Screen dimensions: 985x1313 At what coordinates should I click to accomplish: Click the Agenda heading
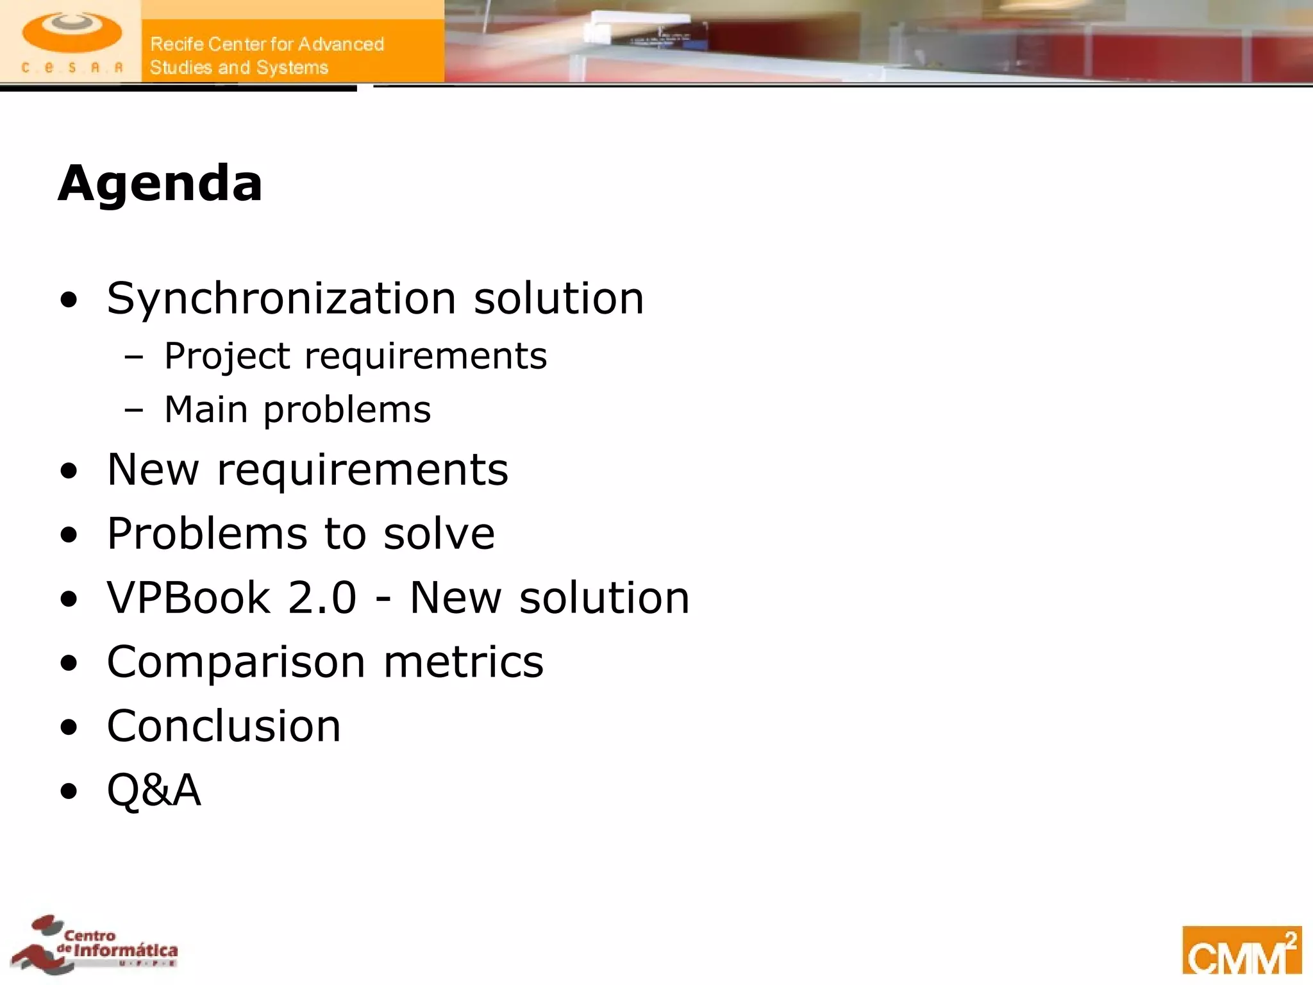click(x=160, y=183)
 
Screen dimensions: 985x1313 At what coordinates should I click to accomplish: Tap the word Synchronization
click(x=281, y=299)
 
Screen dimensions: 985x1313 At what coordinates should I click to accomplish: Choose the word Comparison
click(x=235, y=662)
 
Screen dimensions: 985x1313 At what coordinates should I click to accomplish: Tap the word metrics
click(x=463, y=662)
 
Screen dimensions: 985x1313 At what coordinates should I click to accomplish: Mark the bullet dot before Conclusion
click(x=69, y=728)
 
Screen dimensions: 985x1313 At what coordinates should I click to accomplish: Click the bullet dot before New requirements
click(x=69, y=471)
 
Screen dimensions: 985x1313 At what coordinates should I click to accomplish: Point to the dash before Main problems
click(x=134, y=410)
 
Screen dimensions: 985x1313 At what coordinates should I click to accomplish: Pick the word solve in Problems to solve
click(x=439, y=534)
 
